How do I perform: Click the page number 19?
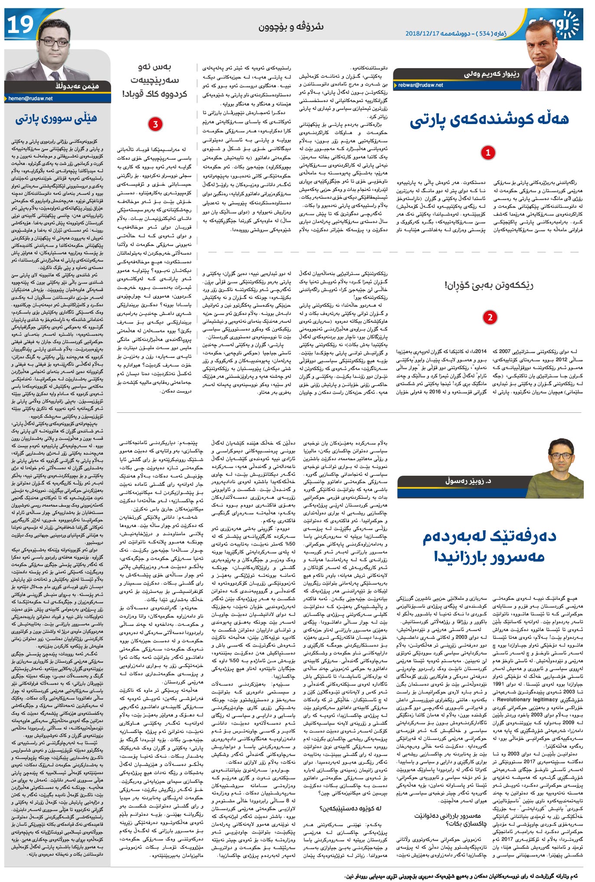coord(20,24)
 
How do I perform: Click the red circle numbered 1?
coord(488,153)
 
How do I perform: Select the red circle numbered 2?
coord(490,317)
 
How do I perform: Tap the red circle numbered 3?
coord(155,124)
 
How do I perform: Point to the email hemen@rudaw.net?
coord(30,98)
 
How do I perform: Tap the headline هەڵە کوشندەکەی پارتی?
coord(489,120)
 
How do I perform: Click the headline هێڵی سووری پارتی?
coord(56,119)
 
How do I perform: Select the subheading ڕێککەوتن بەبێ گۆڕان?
coord(489,285)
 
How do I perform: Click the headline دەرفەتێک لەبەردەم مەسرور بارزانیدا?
coord(489,546)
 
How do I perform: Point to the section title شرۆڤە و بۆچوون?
coord(291,26)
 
